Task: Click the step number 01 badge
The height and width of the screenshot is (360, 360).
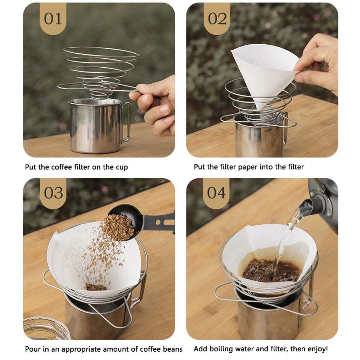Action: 53,19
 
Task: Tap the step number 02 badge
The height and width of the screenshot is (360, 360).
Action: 217,19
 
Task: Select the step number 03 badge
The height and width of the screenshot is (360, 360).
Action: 53,193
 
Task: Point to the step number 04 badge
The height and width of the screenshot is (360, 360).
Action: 216,193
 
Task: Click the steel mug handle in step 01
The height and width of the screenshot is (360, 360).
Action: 125,122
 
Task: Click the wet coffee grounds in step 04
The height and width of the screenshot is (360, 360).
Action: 271,271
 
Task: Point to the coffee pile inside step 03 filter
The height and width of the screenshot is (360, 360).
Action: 96,287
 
